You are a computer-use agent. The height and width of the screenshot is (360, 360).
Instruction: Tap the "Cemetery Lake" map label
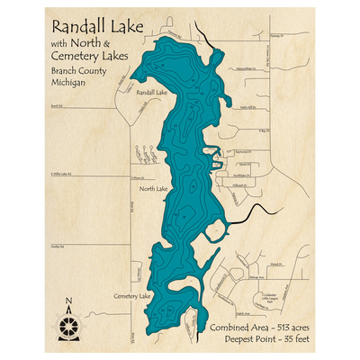click(132, 295)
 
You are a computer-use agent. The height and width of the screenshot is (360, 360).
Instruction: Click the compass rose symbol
click(69, 322)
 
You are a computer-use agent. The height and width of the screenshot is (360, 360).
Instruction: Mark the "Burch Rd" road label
click(57, 105)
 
